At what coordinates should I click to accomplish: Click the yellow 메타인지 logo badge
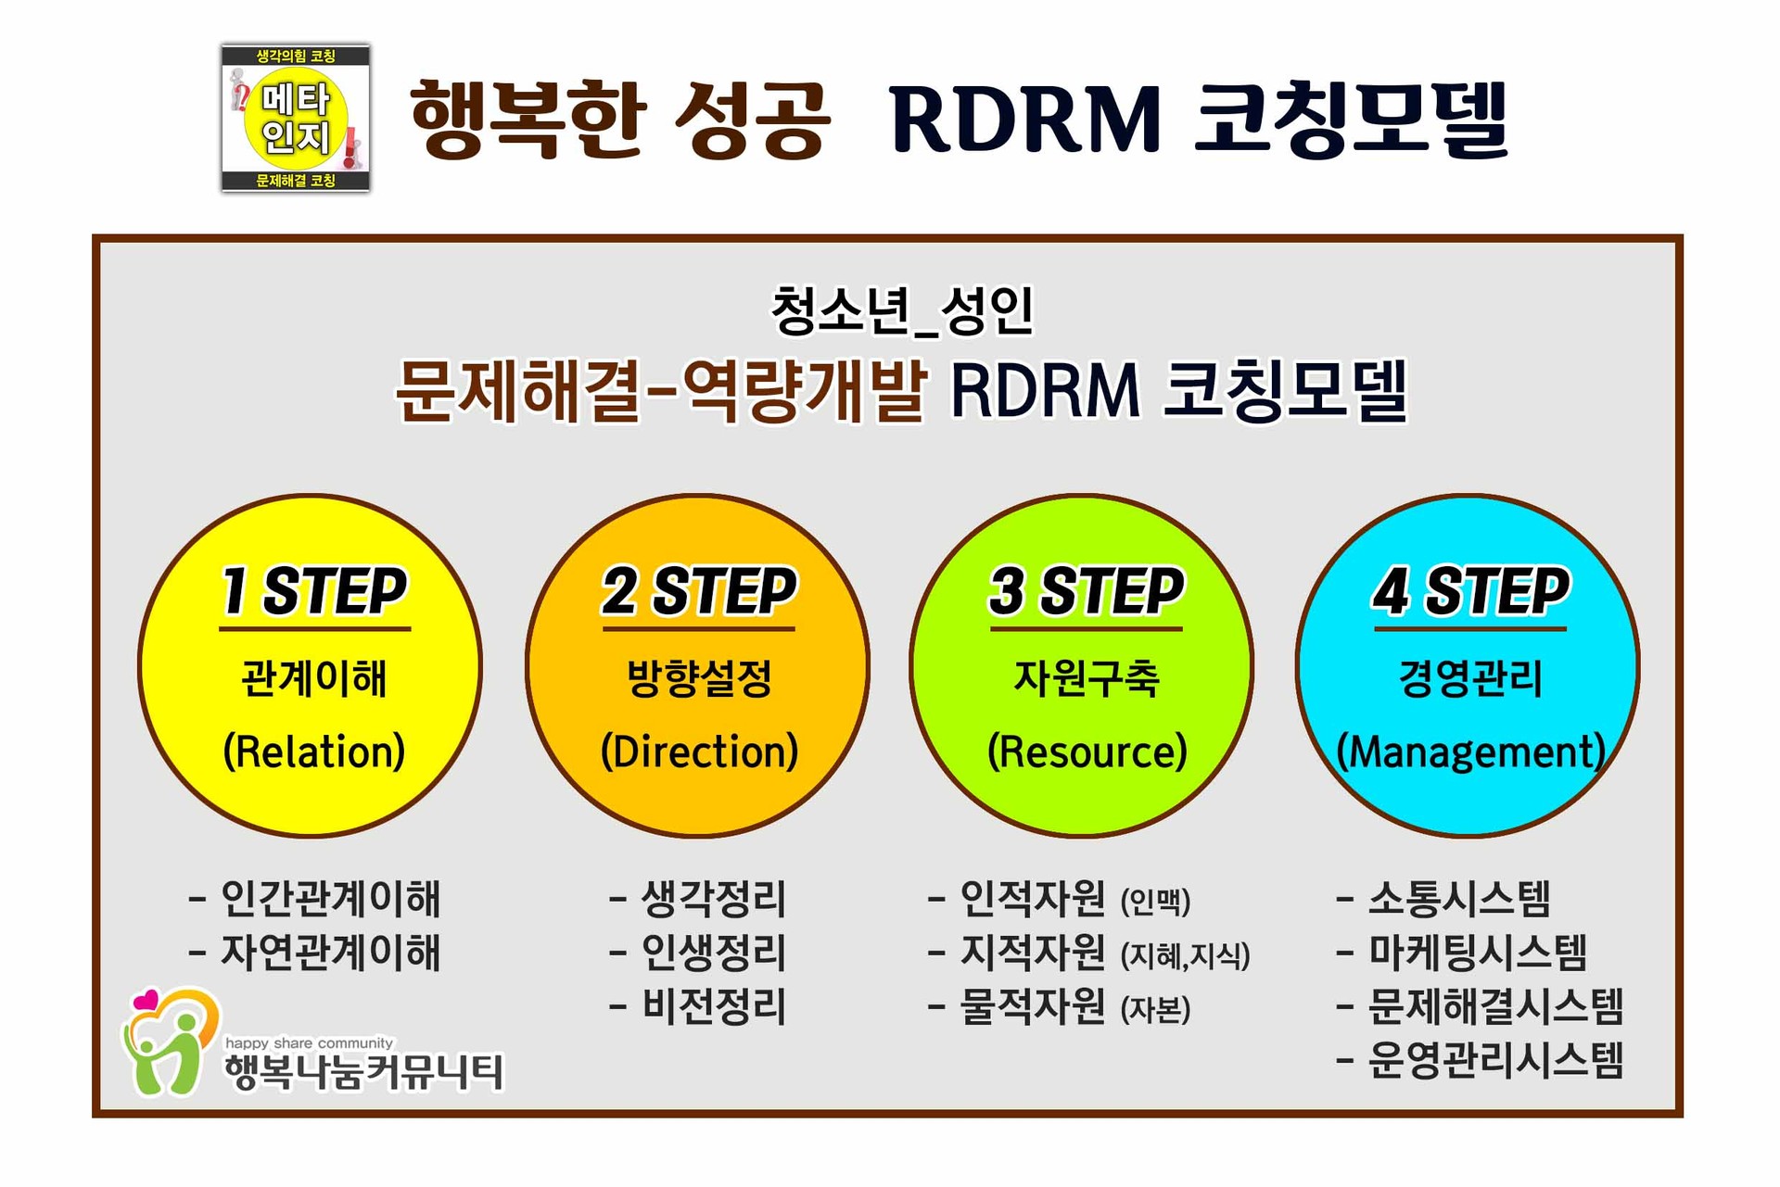(296, 119)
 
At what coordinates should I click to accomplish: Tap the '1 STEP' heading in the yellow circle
(314, 591)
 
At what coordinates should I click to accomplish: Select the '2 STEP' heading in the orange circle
(699, 591)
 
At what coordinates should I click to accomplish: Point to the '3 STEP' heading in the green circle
(1086, 591)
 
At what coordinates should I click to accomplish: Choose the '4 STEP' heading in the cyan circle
(1470, 591)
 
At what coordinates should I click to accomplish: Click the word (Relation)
(314, 751)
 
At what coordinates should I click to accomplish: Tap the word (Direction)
(699, 751)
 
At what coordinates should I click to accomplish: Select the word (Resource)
(1087, 751)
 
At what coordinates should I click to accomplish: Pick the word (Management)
(1470, 751)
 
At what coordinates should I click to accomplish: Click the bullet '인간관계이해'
(329, 898)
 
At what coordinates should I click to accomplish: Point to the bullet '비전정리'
(713, 1007)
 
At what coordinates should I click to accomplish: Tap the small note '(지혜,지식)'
(1185, 955)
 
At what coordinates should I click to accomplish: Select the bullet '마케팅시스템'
(1478, 953)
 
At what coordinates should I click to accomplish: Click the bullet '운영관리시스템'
(1495, 1061)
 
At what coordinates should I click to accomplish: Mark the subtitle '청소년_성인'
(901, 311)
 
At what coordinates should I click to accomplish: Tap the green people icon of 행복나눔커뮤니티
(167, 1047)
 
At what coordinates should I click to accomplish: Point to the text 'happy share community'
(309, 1043)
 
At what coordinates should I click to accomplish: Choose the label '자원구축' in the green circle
(1087, 678)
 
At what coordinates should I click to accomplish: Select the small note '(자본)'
(1155, 1010)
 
